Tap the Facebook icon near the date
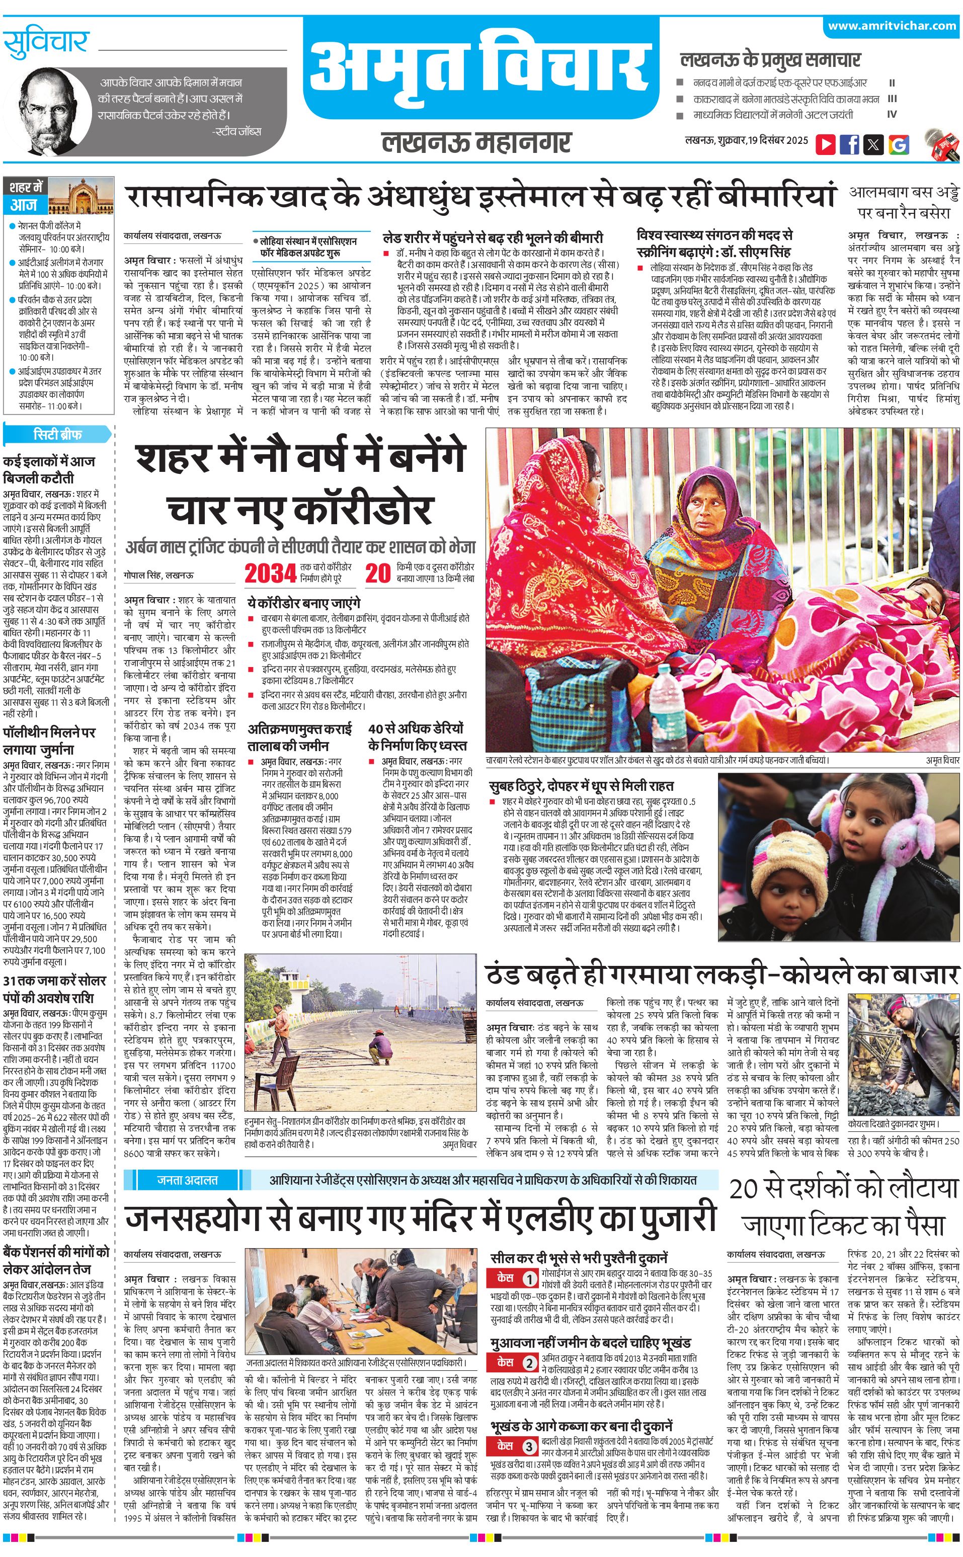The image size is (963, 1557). pyautogui.click(x=849, y=144)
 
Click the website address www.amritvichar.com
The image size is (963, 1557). pyautogui.click(x=892, y=26)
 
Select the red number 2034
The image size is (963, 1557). pyautogui.click(x=271, y=573)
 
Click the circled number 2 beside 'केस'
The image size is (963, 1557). pyautogui.click(x=530, y=1362)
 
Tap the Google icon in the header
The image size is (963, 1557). pyautogui.click(x=898, y=144)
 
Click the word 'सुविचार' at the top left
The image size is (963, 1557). pyautogui.click(x=46, y=43)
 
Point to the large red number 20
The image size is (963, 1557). pyautogui.click(x=378, y=573)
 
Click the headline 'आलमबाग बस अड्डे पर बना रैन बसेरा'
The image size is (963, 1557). pyautogui.click(x=903, y=203)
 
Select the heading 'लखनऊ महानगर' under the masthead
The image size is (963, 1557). pyautogui.click(x=476, y=142)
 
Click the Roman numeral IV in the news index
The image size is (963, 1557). pyautogui.click(x=892, y=115)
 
